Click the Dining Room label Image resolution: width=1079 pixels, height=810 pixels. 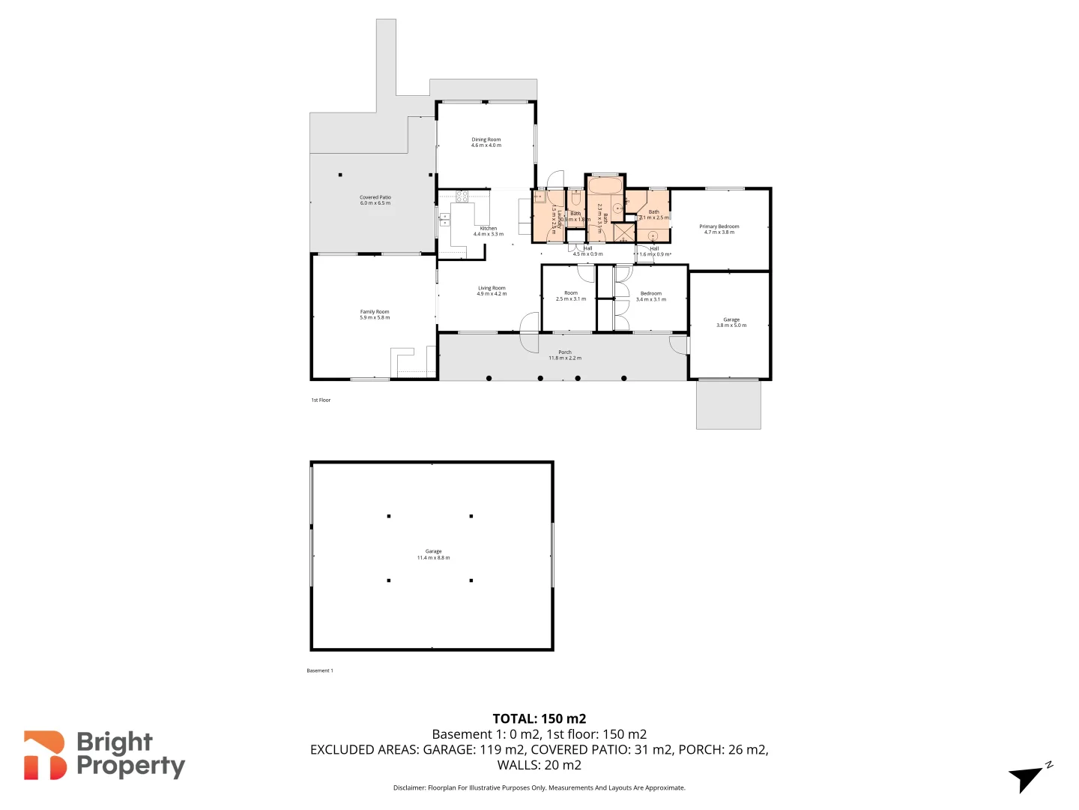(x=486, y=142)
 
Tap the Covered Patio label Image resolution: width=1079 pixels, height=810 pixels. (x=375, y=200)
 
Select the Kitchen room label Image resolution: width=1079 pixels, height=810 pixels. (x=489, y=231)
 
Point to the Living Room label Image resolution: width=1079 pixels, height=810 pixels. (x=492, y=291)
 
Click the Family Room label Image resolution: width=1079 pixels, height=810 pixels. (x=375, y=314)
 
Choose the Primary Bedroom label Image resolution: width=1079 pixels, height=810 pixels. (x=719, y=229)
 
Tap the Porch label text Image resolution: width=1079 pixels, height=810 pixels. (x=565, y=355)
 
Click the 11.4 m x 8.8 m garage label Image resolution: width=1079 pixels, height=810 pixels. (x=433, y=555)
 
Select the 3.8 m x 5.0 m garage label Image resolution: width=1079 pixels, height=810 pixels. (x=731, y=322)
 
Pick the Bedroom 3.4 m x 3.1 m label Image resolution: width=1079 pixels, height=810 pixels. (x=650, y=296)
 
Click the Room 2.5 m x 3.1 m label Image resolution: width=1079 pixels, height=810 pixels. (x=571, y=296)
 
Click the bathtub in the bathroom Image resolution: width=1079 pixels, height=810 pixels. (x=605, y=185)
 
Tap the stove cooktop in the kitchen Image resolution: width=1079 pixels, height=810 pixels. (x=462, y=196)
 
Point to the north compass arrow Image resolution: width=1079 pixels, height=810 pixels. (x=1027, y=778)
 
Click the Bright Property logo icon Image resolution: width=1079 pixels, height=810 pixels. (x=45, y=755)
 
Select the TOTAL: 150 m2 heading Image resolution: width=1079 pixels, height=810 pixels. (x=539, y=718)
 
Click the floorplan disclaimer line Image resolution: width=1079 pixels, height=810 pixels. (x=539, y=787)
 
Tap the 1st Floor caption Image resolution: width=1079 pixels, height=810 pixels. (x=321, y=400)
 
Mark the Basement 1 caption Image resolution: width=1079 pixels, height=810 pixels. (x=320, y=670)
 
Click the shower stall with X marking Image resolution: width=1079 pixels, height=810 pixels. (x=624, y=232)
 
